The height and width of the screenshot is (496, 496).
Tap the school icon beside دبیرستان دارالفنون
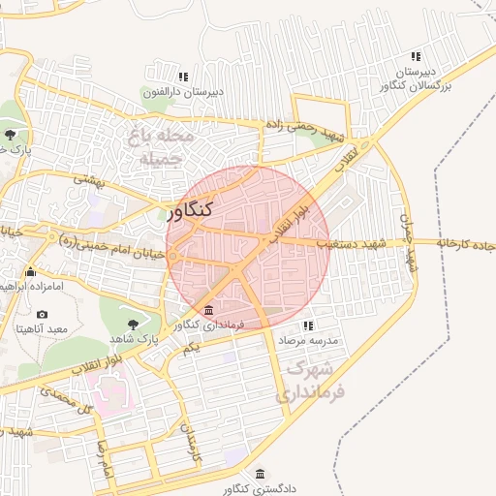(182, 77)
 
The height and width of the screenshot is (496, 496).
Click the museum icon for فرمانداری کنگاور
(210, 308)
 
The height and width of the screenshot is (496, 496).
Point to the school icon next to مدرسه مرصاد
(308, 326)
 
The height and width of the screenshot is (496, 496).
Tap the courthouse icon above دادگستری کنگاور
(260, 474)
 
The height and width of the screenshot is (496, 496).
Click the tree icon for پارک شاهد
(133, 323)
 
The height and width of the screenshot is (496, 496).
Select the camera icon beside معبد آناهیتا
(42, 315)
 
